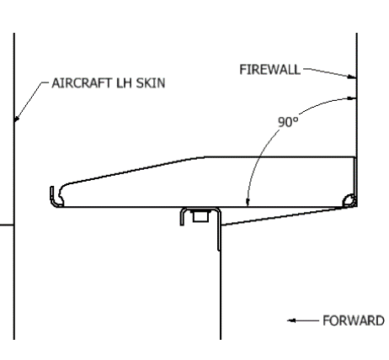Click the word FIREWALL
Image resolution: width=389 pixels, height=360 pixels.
pyautogui.click(x=269, y=70)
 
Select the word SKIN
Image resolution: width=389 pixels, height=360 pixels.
pyautogui.click(x=151, y=83)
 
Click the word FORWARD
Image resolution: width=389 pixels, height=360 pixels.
pyautogui.click(x=354, y=320)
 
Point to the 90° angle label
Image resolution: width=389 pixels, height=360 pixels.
pyautogui.click(x=288, y=122)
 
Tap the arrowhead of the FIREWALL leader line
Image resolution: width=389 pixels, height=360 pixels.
pyautogui.click(x=352, y=77)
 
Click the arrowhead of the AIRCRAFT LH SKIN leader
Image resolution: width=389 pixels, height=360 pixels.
pyautogui.click(x=17, y=119)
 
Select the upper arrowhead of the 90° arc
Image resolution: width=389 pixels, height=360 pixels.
pyautogui.click(x=352, y=98)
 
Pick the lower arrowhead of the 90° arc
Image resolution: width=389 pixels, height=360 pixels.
pyautogui.click(x=248, y=203)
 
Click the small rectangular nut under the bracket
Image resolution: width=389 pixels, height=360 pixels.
pyautogui.click(x=200, y=216)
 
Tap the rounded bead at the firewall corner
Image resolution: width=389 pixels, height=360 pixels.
pyautogui.click(x=349, y=200)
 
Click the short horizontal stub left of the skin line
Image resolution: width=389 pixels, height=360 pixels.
pyautogui.click(x=7, y=225)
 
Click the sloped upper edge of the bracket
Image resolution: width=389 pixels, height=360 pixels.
pyautogui.click(x=132, y=171)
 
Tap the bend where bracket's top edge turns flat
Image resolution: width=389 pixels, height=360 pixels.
pyautogui.click(x=200, y=157)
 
